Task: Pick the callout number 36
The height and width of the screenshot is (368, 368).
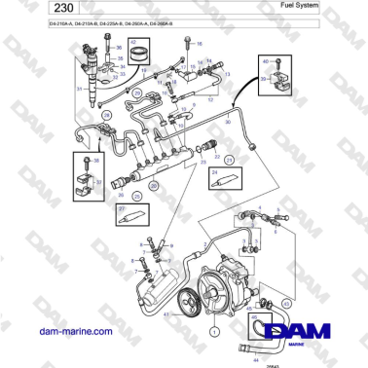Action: (120, 46)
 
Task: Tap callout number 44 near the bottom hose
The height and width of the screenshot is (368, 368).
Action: (256, 361)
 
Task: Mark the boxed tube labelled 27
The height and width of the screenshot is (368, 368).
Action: (133, 217)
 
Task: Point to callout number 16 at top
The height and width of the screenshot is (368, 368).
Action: (199, 45)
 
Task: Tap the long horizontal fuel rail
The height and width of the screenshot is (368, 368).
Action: (156, 165)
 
